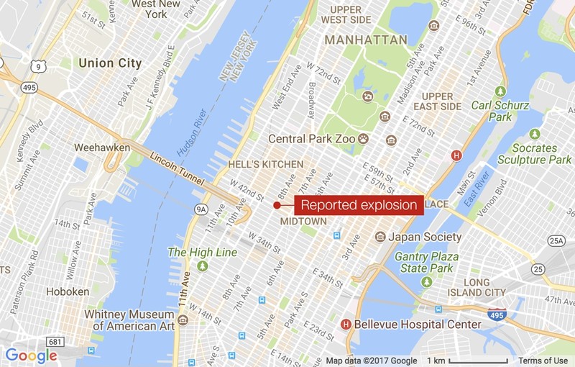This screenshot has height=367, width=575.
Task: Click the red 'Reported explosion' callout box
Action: (358, 205)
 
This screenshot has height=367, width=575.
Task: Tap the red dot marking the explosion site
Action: (277, 205)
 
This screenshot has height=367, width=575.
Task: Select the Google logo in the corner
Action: (31, 355)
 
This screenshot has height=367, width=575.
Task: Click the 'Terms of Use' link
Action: (543, 361)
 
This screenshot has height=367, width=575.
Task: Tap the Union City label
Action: (110, 63)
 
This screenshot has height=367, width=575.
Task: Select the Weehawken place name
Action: (101, 148)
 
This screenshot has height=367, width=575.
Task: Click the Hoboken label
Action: (67, 291)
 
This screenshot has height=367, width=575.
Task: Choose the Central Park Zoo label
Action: (311, 138)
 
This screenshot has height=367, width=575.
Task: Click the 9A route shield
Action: (202, 209)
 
